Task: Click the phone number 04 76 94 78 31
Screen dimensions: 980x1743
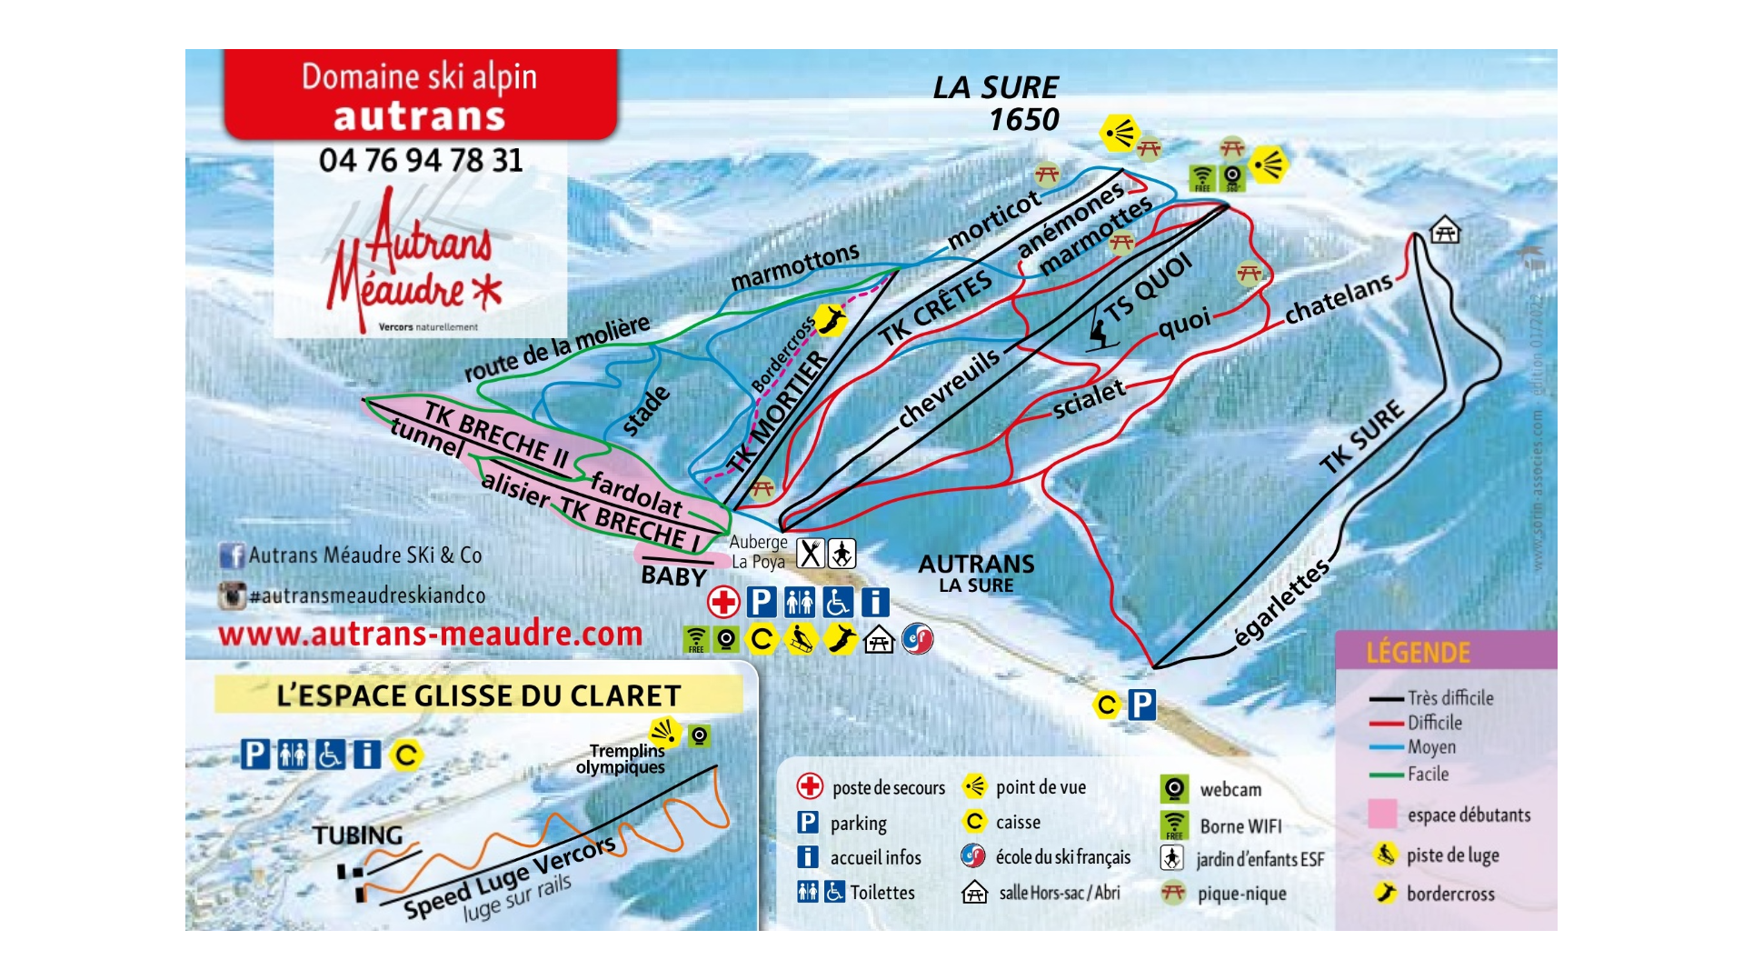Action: click(x=421, y=161)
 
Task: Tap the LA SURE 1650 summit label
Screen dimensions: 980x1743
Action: click(x=997, y=103)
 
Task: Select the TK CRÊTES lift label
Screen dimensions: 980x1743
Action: click(x=936, y=309)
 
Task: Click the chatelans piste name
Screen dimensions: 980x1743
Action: click(x=1338, y=298)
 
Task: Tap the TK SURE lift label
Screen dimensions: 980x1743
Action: click(x=1361, y=437)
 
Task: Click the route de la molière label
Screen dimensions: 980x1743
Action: click(x=557, y=348)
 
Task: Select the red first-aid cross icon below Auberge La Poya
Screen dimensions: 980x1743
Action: click(x=723, y=602)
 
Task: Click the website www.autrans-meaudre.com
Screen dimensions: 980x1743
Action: click(x=430, y=634)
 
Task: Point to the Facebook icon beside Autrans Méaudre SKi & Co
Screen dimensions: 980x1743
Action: click(x=231, y=555)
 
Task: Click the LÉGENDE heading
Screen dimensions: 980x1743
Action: click(x=1418, y=653)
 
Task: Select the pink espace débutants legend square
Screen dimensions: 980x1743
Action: click(x=1382, y=814)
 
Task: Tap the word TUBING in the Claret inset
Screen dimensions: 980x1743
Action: click(x=357, y=835)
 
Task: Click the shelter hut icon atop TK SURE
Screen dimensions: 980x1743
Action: click(x=1444, y=231)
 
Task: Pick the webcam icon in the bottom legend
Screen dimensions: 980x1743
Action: click(x=1173, y=788)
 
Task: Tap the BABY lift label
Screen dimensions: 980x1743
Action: click(x=673, y=576)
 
